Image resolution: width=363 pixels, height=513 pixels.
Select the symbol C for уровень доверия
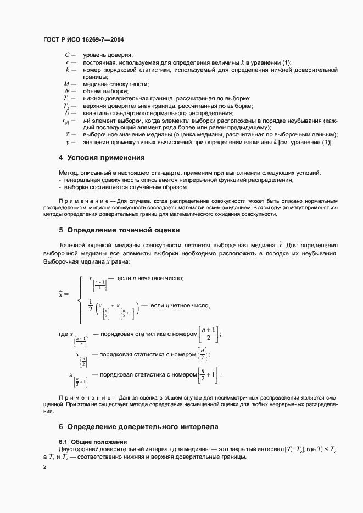click(x=67, y=55)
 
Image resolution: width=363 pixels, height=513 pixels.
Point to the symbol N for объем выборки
click(x=66, y=91)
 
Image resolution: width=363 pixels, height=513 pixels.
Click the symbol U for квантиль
click(x=66, y=112)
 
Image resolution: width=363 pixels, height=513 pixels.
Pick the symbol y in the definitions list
click(x=67, y=142)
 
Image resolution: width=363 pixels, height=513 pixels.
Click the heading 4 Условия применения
click(x=102, y=158)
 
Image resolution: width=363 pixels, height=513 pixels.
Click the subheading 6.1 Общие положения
click(x=93, y=442)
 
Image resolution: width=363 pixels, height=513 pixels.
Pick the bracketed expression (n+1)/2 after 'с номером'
click(x=210, y=333)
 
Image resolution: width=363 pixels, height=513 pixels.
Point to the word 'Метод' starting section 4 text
click(x=68, y=173)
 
